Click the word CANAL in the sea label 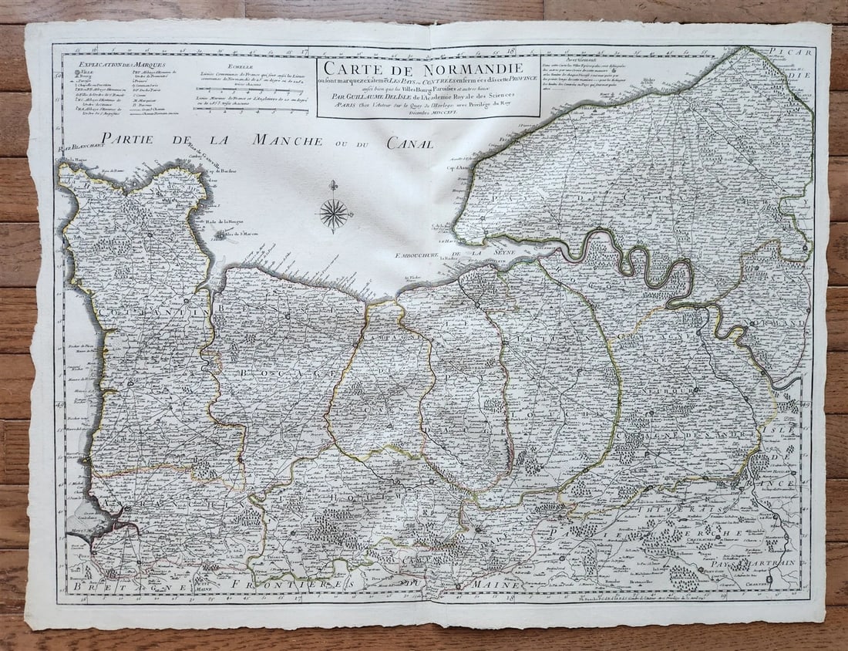tap(408, 143)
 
